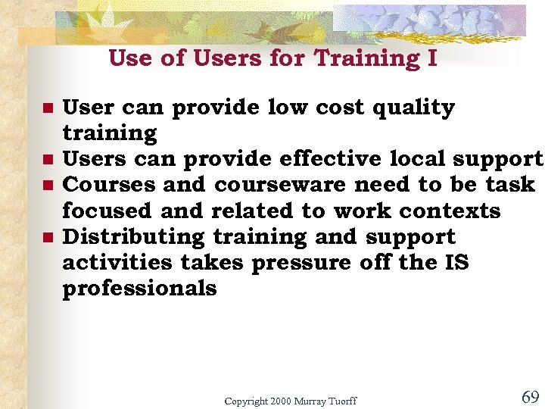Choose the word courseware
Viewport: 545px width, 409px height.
pos(280,185)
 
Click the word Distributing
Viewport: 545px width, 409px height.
pos(133,237)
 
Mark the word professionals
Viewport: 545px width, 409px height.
pos(139,289)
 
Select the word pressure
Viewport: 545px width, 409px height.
pos(301,263)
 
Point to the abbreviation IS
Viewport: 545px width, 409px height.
pos(456,263)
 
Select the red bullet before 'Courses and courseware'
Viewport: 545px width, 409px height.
pos(47,186)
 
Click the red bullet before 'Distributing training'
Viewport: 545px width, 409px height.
pos(47,238)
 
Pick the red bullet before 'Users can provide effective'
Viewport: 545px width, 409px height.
pos(47,160)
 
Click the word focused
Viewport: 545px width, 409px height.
pos(108,211)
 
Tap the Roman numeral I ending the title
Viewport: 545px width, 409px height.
pos(431,58)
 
